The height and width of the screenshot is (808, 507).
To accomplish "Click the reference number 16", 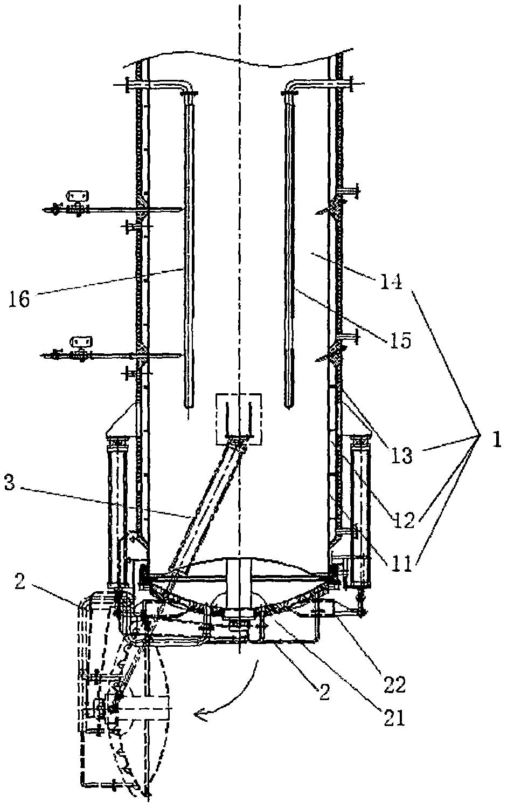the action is (19, 299).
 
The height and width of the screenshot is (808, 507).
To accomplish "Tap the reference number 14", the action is (390, 282).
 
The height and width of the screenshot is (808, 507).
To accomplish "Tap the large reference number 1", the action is (497, 440).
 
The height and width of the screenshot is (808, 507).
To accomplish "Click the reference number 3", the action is (10, 483).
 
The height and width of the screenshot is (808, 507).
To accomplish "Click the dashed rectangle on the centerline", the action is (238, 418).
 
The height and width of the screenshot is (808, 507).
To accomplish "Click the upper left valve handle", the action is (77, 196).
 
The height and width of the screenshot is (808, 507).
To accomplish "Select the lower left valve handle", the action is (81, 341).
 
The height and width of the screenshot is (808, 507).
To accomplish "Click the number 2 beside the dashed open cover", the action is (19, 582).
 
